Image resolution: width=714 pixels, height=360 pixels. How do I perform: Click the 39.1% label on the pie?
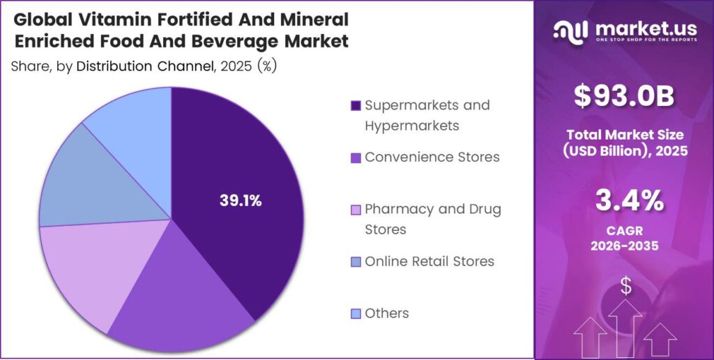tap(240, 202)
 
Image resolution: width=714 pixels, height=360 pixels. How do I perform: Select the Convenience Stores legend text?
tap(432, 157)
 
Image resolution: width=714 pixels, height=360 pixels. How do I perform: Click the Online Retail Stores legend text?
tap(430, 262)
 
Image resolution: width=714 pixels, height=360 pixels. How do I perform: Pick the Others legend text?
tap(387, 313)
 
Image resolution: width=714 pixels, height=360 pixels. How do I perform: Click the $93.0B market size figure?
tap(624, 96)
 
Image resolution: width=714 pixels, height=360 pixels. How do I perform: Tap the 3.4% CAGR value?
tap(624, 202)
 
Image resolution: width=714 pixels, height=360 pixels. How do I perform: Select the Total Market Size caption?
tap(624, 142)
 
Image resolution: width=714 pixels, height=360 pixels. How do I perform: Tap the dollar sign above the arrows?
tap(625, 285)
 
